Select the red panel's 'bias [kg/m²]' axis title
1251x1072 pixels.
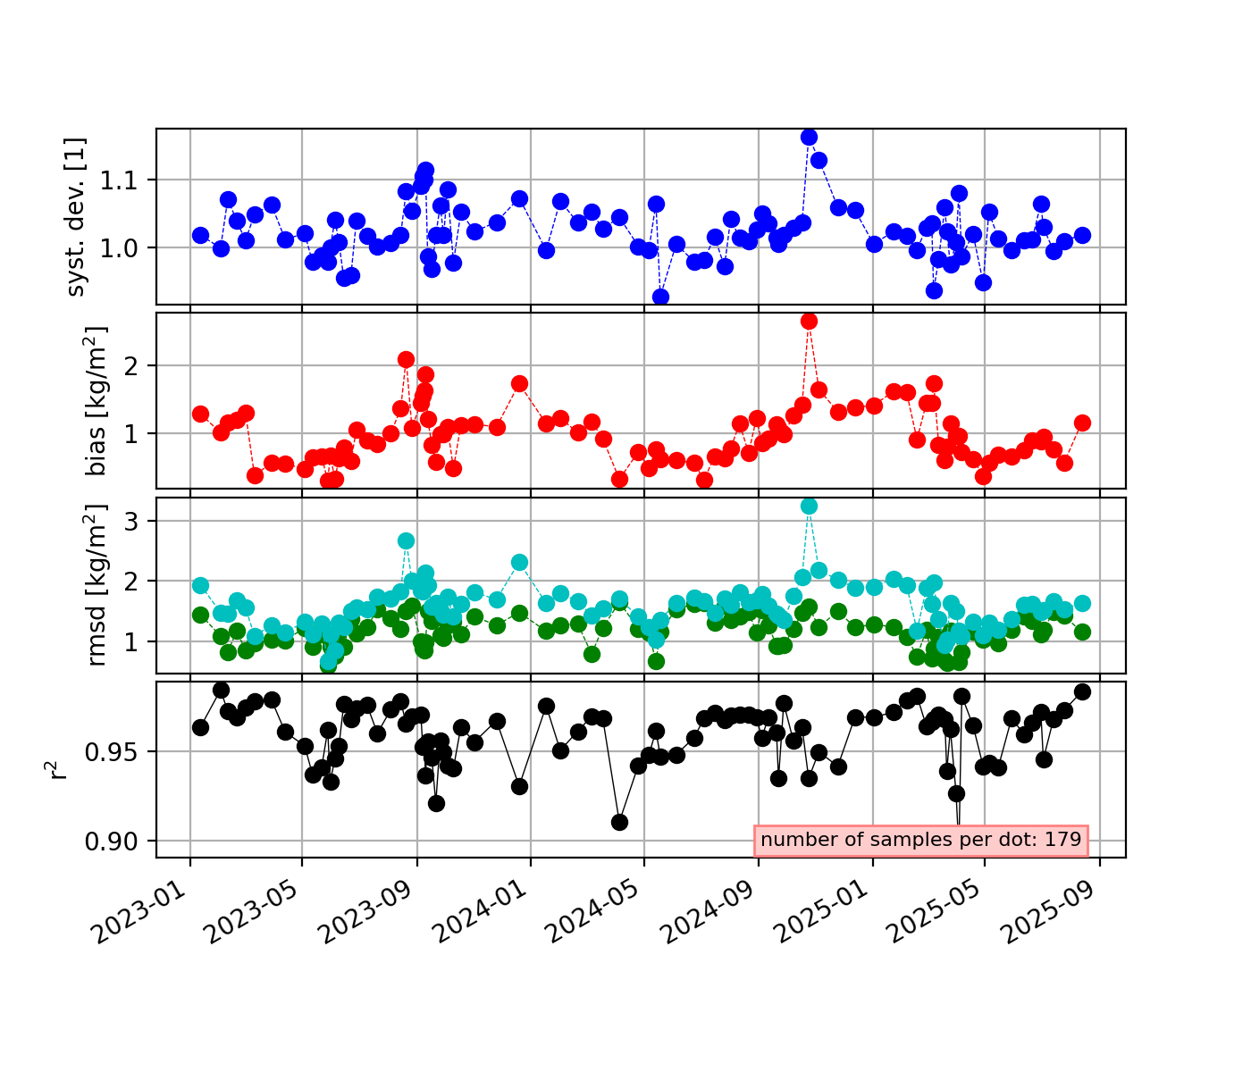point(97,400)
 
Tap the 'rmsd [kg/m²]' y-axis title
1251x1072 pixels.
point(97,585)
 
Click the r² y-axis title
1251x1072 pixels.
point(58,769)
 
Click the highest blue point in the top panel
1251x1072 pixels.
point(809,137)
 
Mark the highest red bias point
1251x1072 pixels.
point(809,321)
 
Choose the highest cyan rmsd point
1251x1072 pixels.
point(809,506)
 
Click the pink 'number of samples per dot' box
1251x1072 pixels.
point(921,840)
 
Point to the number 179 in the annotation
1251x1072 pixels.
point(1063,840)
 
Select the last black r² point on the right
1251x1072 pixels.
point(1082,691)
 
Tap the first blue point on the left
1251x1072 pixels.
point(200,235)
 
